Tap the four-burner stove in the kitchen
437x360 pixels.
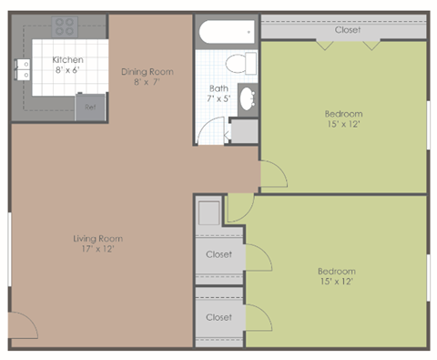[x=63, y=26]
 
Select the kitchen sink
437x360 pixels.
[x=23, y=71]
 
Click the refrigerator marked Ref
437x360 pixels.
[x=90, y=107]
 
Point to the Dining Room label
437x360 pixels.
[x=147, y=71]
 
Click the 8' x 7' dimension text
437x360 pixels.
[x=147, y=81]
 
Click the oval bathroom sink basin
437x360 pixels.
[x=246, y=100]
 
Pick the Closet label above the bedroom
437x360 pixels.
[x=347, y=30]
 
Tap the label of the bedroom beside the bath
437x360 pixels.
[x=343, y=114]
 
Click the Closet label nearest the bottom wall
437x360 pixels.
[x=218, y=317]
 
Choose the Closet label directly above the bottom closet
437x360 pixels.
[x=218, y=254]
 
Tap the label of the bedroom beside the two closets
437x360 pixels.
[x=336, y=271]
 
